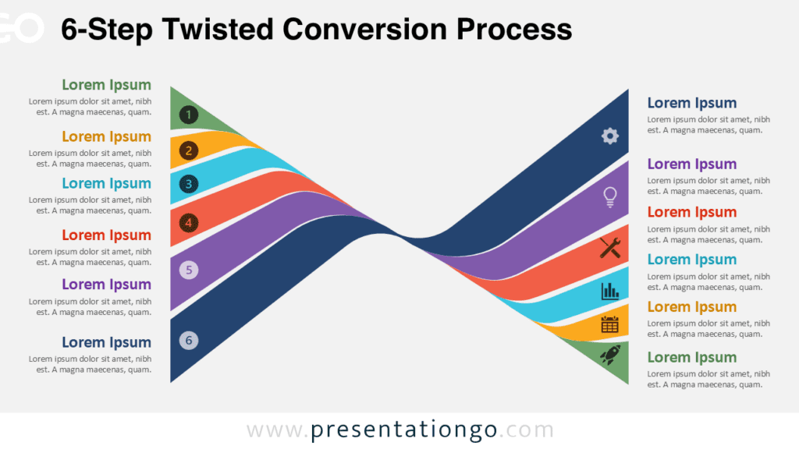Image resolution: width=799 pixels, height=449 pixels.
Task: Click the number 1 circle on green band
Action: pos(188,115)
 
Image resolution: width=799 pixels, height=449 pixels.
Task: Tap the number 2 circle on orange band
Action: pos(188,150)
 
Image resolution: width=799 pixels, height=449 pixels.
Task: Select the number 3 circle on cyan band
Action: pos(188,185)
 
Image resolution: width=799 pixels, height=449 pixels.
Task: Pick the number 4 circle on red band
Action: pos(188,224)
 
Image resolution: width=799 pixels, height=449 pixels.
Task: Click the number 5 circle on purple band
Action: pos(188,270)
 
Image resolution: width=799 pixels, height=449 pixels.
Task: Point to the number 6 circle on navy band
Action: pos(188,340)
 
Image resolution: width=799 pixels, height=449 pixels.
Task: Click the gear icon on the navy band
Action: pos(609,136)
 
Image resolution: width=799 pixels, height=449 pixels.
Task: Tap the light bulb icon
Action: pos(610,196)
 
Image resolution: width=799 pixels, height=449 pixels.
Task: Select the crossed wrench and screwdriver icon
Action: pos(610,248)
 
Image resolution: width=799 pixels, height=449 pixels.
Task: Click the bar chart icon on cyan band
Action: pos(610,292)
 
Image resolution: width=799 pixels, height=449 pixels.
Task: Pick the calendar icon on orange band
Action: pos(610,324)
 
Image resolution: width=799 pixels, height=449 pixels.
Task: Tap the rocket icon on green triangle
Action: pos(609,355)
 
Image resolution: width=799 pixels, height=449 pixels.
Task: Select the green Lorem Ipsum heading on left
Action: pos(106,85)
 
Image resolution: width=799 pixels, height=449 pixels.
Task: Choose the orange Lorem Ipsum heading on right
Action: pos(691,306)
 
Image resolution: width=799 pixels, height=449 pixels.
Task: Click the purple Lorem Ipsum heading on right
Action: pos(691,164)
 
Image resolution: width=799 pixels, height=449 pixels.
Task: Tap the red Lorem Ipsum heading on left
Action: pos(106,235)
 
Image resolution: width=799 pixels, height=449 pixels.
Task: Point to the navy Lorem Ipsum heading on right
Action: pos(691,103)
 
